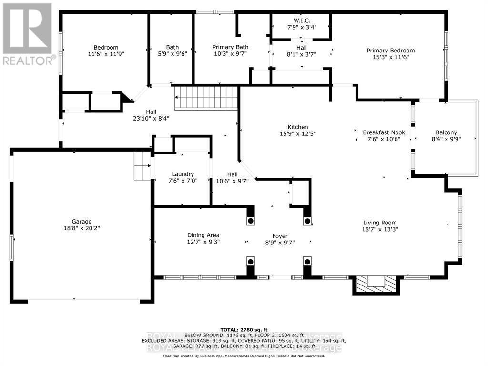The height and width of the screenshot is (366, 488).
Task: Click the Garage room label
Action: click(82, 221)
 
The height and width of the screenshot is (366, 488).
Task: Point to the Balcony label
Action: click(446, 132)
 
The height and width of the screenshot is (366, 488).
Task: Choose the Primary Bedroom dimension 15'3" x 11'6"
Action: click(390, 57)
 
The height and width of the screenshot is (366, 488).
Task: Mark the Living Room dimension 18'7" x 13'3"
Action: click(380, 229)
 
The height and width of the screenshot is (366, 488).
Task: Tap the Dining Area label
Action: click(203, 235)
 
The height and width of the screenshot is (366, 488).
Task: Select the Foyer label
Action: click(280, 235)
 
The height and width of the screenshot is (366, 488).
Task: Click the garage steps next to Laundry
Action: click(142, 165)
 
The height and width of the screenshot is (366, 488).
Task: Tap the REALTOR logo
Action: click(27, 33)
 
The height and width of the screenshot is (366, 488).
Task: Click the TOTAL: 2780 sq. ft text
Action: click(244, 330)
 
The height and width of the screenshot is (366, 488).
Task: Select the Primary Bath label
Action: click(230, 47)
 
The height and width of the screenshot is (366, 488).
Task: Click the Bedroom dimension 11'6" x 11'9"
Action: click(106, 54)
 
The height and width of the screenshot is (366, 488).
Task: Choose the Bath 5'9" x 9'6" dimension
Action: click(173, 54)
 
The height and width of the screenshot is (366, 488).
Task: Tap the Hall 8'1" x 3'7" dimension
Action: click(301, 54)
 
